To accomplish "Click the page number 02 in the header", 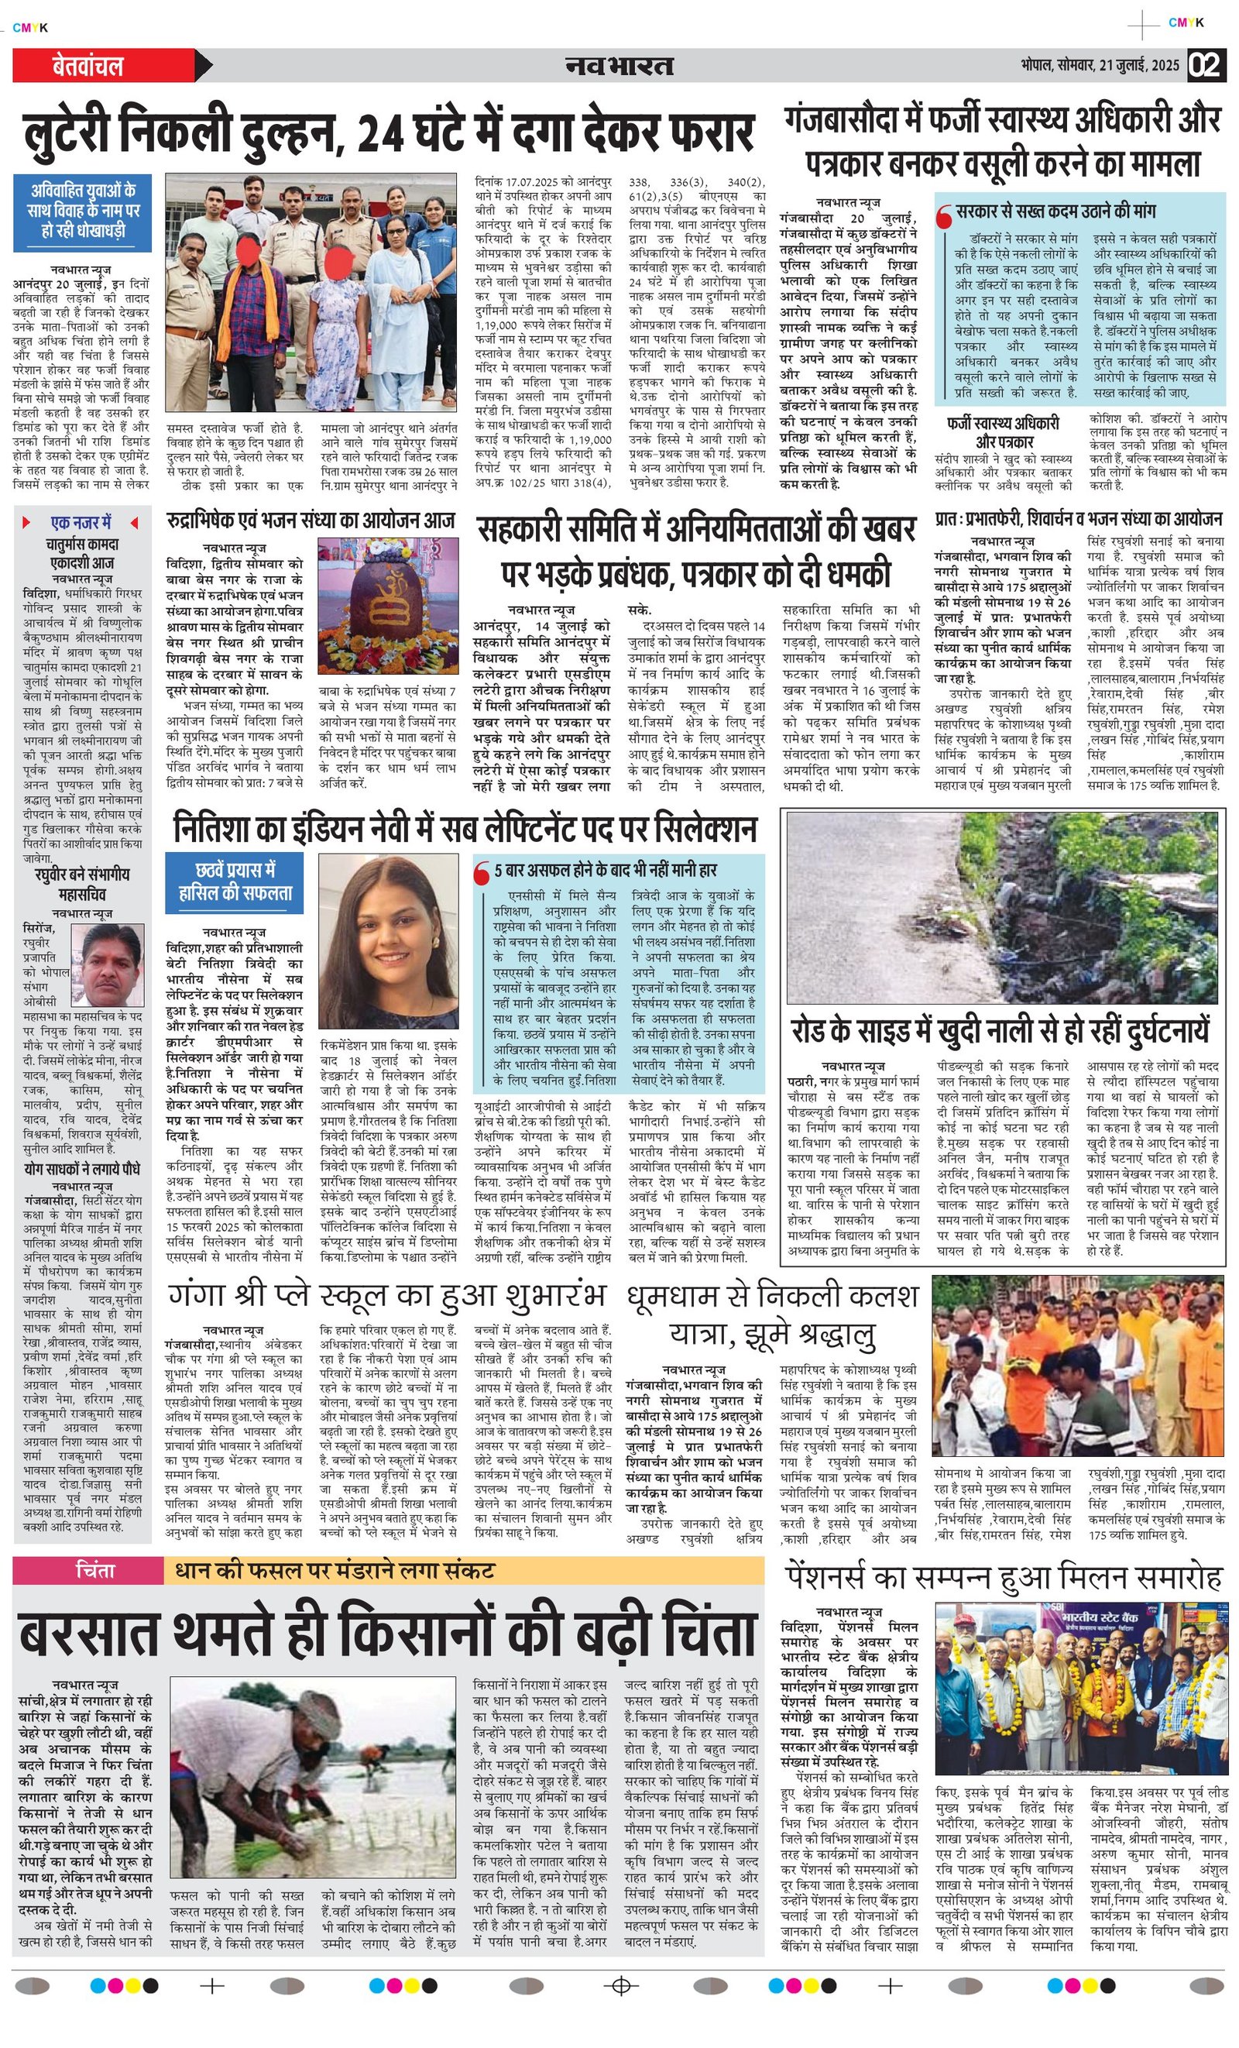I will click(x=1206, y=65).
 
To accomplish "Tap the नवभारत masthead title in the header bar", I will click(x=619, y=66).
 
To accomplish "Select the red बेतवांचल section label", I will click(x=88, y=67).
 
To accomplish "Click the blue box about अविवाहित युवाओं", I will click(x=82, y=212).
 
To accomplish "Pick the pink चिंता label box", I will click(x=94, y=1570).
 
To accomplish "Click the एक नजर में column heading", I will click(x=81, y=522).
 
